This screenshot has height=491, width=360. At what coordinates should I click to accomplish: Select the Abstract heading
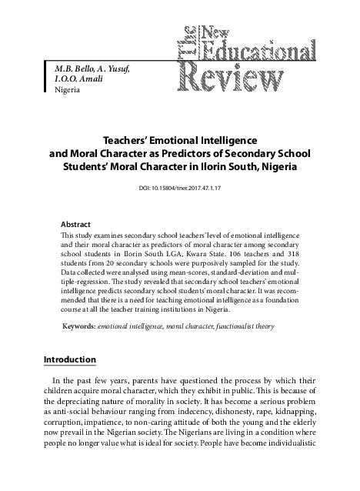pyautogui.click(x=75, y=218)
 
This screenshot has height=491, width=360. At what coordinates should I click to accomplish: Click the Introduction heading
pyautogui.click(x=69, y=359)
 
